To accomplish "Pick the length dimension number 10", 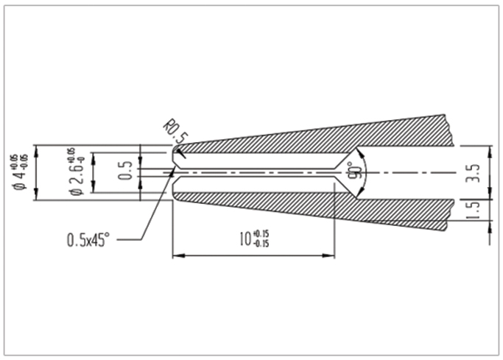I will pyautogui.click(x=244, y=240).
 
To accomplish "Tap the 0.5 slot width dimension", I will pyautogui.click(x=125, y=171).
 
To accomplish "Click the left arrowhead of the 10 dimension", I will pyautogui.click(x=176, y=256).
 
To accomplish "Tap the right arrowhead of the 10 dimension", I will pyautogui.click(x=332, y=256).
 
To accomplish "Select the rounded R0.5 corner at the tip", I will pyautogui.click(x=175, y=150).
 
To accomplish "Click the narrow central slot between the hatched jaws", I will pyautogui.click(x=258, y=173).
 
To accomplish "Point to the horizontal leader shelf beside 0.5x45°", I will pyautogui.click(x=129, y=240).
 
